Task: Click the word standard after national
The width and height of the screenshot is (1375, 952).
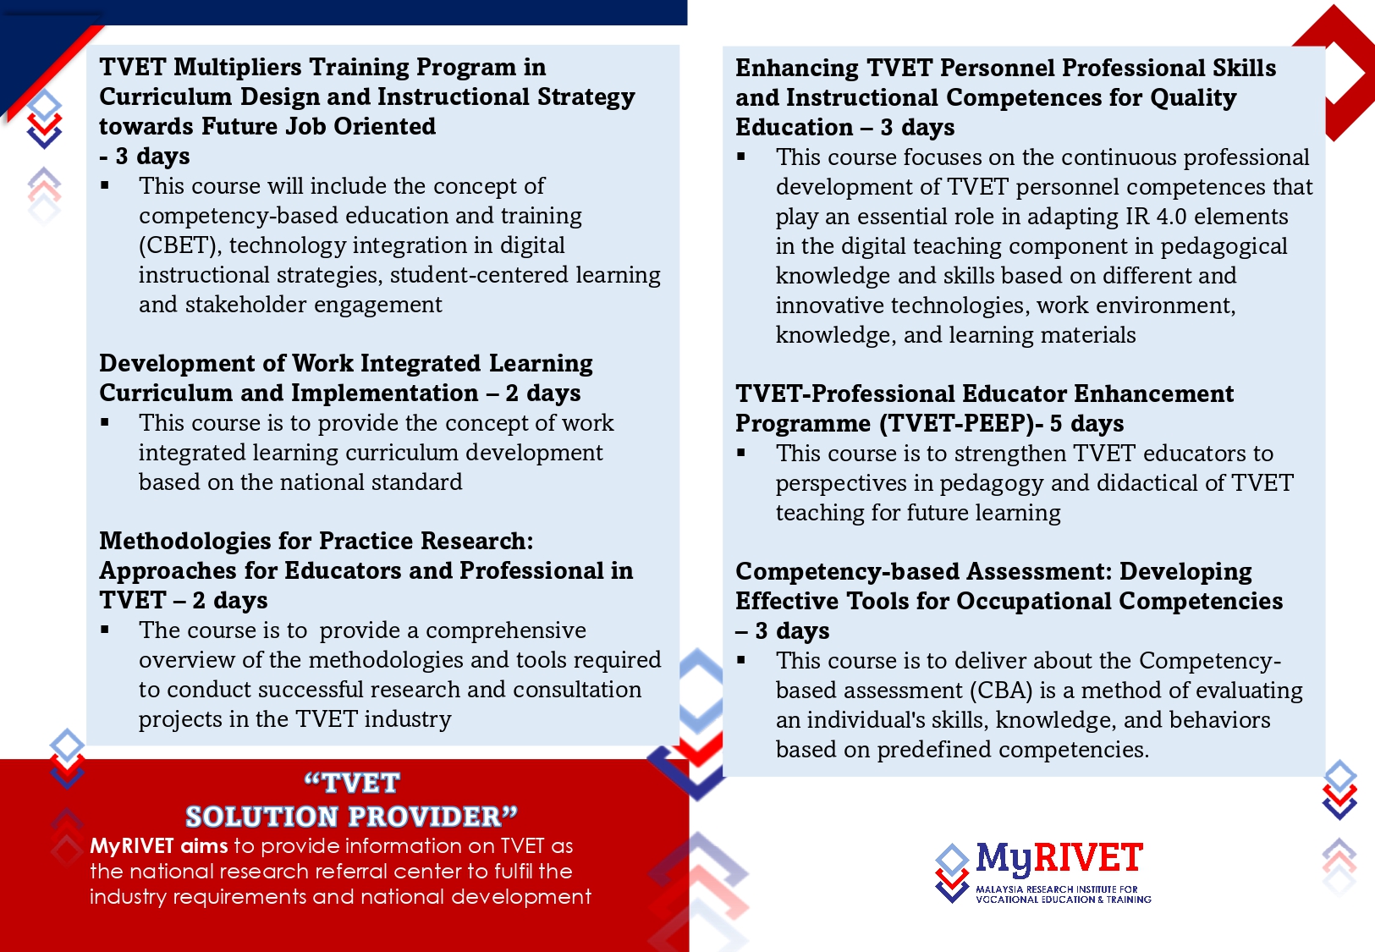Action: click(x=417, y=482)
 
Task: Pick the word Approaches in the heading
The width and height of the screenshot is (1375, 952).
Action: click(x=168, y=571)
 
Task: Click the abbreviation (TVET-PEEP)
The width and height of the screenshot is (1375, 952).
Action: click(x=960, y=424)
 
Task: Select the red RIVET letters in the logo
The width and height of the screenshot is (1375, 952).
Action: click(x=1088, y=857)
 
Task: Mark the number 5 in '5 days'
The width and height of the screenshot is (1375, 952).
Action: click(x=1056, y=423)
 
